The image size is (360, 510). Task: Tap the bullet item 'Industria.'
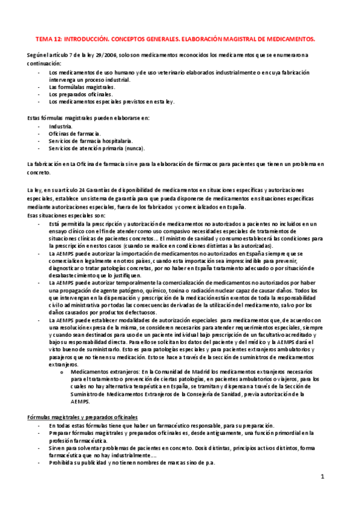pyautogui.click(x=61, y=127)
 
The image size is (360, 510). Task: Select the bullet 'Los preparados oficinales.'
pyautogui.click(x=81, y=94)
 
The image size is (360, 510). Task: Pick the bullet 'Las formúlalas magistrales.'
pyautogui.click(x=82, y=87)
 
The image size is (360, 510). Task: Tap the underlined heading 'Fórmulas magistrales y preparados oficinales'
pyautogui.click(x=83, y=417)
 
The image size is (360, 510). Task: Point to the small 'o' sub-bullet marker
pyautogui.click(x=63, y=372)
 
